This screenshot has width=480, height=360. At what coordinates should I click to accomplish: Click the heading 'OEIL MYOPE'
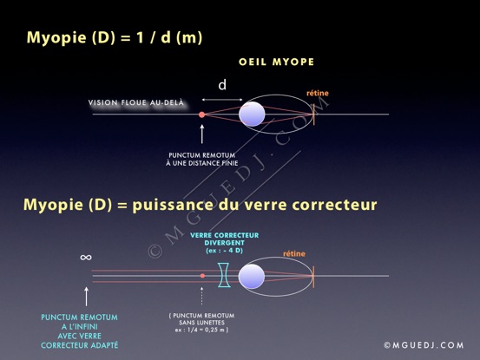276,62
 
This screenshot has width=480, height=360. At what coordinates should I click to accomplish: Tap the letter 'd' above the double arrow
222,84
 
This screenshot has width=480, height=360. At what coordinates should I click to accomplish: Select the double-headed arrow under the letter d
222,100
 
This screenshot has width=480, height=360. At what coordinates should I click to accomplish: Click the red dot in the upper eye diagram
201,115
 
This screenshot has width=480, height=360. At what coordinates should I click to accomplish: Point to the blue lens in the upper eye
252,115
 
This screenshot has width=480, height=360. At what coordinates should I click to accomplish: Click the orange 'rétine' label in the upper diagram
318,93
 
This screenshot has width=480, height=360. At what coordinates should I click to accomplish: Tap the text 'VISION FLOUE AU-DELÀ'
136,102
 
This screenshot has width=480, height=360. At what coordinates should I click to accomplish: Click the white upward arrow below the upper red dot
201,134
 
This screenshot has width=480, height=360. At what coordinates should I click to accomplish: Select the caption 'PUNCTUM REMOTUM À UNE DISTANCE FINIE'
201,160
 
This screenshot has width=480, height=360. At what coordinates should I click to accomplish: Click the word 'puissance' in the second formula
173,205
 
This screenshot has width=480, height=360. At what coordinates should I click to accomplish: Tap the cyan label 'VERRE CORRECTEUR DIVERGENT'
224,239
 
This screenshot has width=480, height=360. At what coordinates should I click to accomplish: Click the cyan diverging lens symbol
224,275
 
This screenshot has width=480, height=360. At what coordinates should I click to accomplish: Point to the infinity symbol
86,258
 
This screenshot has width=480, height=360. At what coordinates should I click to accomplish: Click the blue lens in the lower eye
252,277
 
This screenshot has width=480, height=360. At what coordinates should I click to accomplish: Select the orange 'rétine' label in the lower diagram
294,253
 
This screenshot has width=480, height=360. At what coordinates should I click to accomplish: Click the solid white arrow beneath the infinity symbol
86,297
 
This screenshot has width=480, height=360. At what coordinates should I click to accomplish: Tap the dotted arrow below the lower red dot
201,296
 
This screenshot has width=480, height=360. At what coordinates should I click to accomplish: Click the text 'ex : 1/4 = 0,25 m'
201,330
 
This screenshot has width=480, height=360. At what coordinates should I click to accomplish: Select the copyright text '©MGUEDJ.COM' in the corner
424,345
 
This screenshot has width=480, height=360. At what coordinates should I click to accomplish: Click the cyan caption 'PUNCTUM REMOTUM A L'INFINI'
79,322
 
